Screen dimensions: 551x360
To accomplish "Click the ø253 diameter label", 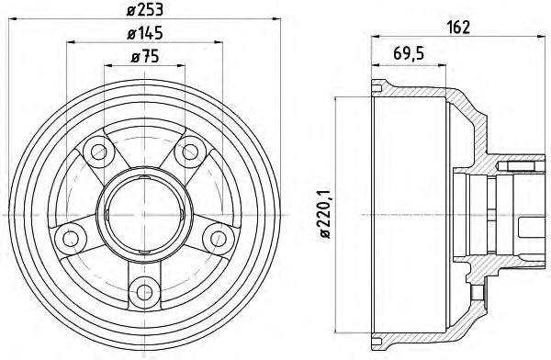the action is click(145, 10).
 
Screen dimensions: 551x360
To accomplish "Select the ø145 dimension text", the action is click(145, 34).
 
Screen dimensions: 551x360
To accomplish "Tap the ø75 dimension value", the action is click(145, 57).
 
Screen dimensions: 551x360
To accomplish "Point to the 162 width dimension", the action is click(458, 28).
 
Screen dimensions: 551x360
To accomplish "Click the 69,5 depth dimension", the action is click(409, 54).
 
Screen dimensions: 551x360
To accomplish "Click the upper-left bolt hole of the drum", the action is click(98, 152).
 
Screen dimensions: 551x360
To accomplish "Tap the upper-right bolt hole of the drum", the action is click(191, 152).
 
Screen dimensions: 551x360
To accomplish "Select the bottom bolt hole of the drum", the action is click(144, 291).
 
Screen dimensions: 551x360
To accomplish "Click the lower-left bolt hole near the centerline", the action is click(71, 239).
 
